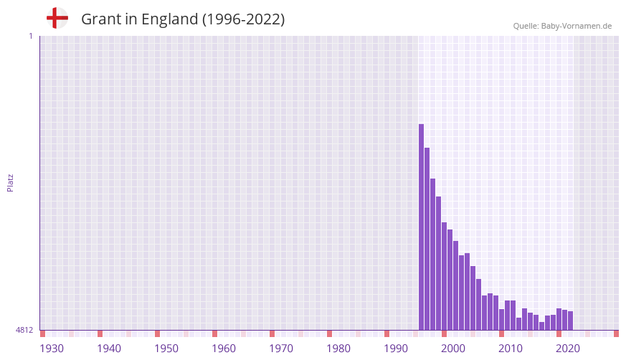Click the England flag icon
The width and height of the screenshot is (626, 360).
(x=57, y=19)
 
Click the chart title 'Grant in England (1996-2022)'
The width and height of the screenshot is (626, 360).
(x=183, y=19)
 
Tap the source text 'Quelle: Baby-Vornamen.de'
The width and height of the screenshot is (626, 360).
(x=562, y=26)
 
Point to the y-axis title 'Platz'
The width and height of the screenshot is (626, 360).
(x=10, y=182)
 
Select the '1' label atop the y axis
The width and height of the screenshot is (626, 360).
(x=30, y=36)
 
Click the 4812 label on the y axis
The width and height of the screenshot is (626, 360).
(x=24, y=330)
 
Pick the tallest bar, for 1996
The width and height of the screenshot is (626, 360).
(x=422, y=227)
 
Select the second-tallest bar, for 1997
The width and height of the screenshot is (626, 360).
(x=427, y=239)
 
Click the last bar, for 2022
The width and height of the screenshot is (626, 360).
(x=571, y=321)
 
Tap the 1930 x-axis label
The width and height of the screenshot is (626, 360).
(x=52, y=349)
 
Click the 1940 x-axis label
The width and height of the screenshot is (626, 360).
(x=109, y=349)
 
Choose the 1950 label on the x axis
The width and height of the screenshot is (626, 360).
(x=166, y=349)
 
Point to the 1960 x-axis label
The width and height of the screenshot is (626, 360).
(x=224, y=349)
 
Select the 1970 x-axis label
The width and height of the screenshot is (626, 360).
(x=281, y=349)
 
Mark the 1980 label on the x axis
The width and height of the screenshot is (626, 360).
(x=338, y=349)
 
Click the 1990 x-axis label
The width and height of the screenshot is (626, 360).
(x=396, y=349)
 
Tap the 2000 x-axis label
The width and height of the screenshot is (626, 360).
(x=453, y=349)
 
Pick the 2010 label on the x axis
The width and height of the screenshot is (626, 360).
(x=511, y=349)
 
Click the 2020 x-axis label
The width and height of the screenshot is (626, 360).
(x=568, y=349)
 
